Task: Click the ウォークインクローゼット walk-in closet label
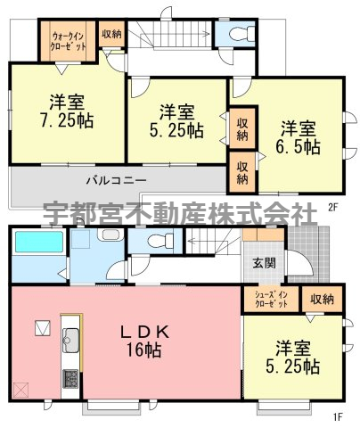(69, 41)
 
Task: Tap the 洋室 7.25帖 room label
(67, 111)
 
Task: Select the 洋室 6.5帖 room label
(299, 137)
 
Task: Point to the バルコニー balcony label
(117, 180)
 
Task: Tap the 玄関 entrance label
(264, 263)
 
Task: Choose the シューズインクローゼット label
(271, 299)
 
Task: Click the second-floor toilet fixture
(242, 33)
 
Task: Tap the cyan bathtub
(39, 243)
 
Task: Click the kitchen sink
(70, 340)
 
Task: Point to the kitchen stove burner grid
(70, 378)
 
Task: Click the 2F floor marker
(334, 207)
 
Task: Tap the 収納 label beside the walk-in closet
(111, 34)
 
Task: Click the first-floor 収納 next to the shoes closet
(322, 300)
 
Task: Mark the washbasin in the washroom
(110, 235)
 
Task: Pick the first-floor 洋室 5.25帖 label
(293, 358)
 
